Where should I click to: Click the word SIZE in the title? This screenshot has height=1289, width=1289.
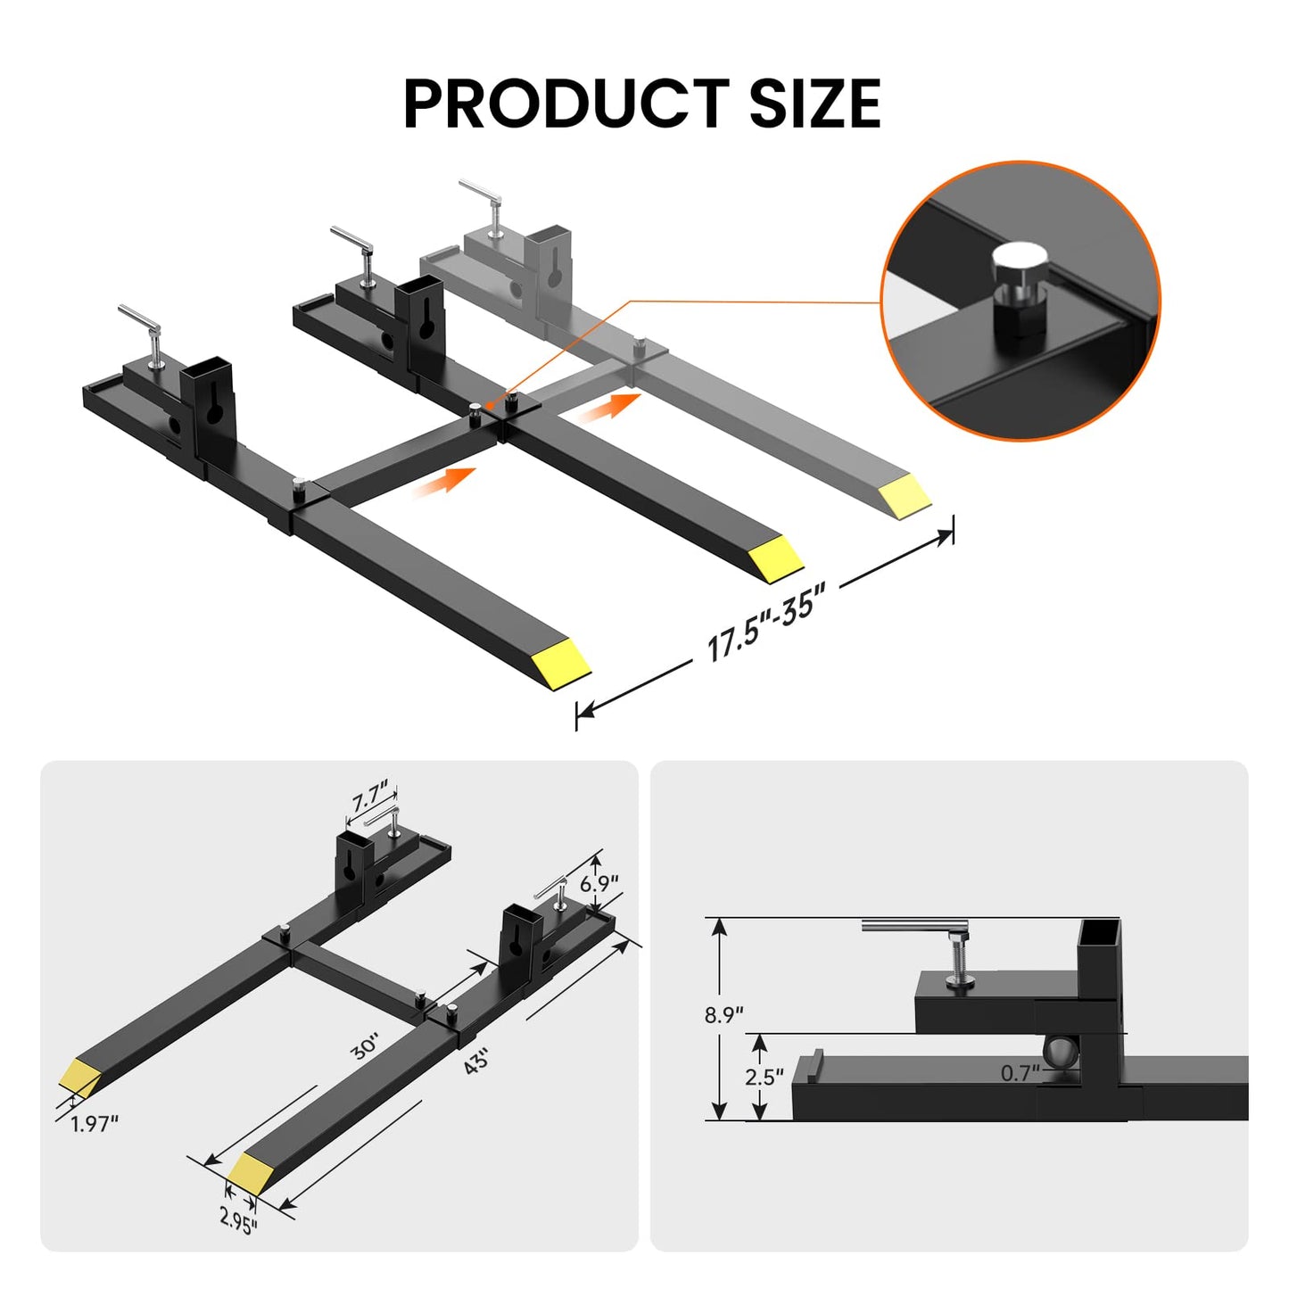coord(814,103)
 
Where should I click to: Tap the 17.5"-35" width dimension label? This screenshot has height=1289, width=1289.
coord(765,621)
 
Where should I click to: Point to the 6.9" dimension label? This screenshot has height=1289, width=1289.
coord(599,883)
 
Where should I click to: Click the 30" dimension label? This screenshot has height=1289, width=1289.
coord(365,1046)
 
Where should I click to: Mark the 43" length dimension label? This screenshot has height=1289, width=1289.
coord(476,1062)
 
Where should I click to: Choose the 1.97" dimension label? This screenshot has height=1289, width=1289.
coord(95,1124)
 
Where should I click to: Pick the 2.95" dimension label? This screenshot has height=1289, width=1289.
coord(238,1219)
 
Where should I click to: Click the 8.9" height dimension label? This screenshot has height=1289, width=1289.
coord(723,1015)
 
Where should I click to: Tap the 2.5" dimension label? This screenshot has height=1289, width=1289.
coord(764,1077)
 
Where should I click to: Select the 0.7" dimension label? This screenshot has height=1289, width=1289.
coord(1020,1073)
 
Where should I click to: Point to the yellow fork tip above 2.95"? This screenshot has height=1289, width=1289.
coord(251,1172)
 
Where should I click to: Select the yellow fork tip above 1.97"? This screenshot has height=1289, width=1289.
coord(80,1078)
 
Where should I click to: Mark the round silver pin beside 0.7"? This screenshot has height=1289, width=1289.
coord(1062,1053)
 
